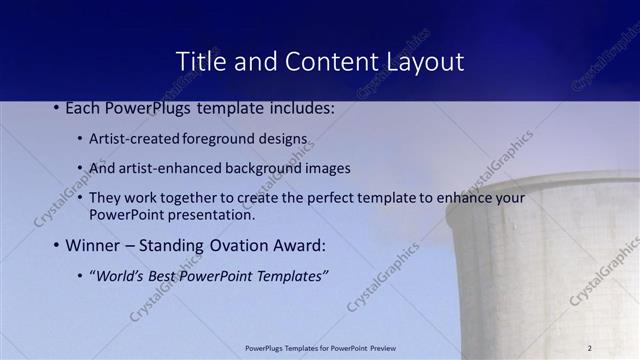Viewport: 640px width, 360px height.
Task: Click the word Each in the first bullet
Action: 84,107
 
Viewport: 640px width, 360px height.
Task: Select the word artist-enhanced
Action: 163,168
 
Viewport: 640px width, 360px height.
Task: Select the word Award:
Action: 299,245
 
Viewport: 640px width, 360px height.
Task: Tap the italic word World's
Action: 117,275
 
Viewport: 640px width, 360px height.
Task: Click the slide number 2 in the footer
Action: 590,348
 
